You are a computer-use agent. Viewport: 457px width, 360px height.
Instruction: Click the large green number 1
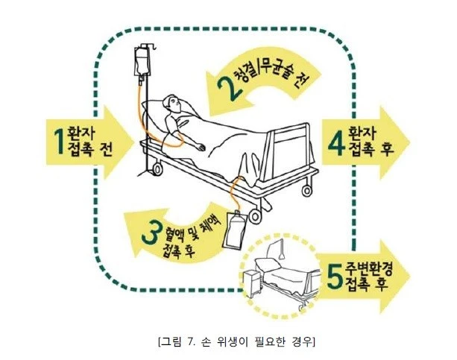coord(60,142)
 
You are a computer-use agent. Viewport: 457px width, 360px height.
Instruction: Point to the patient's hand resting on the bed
coord(201,147)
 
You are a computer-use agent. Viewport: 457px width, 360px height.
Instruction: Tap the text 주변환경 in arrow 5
coord(369,269)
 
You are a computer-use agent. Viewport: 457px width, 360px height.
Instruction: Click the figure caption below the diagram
coord(236,341)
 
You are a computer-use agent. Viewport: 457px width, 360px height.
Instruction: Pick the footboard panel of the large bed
coord(291,154)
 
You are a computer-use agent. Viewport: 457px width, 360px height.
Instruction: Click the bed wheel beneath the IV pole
coord(157,168)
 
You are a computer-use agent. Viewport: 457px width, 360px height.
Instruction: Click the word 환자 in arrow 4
coord(362,133)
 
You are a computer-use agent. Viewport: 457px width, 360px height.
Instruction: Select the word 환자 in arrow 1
coord(81,133)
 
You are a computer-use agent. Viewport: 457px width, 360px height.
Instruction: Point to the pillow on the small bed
coord(268,263)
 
